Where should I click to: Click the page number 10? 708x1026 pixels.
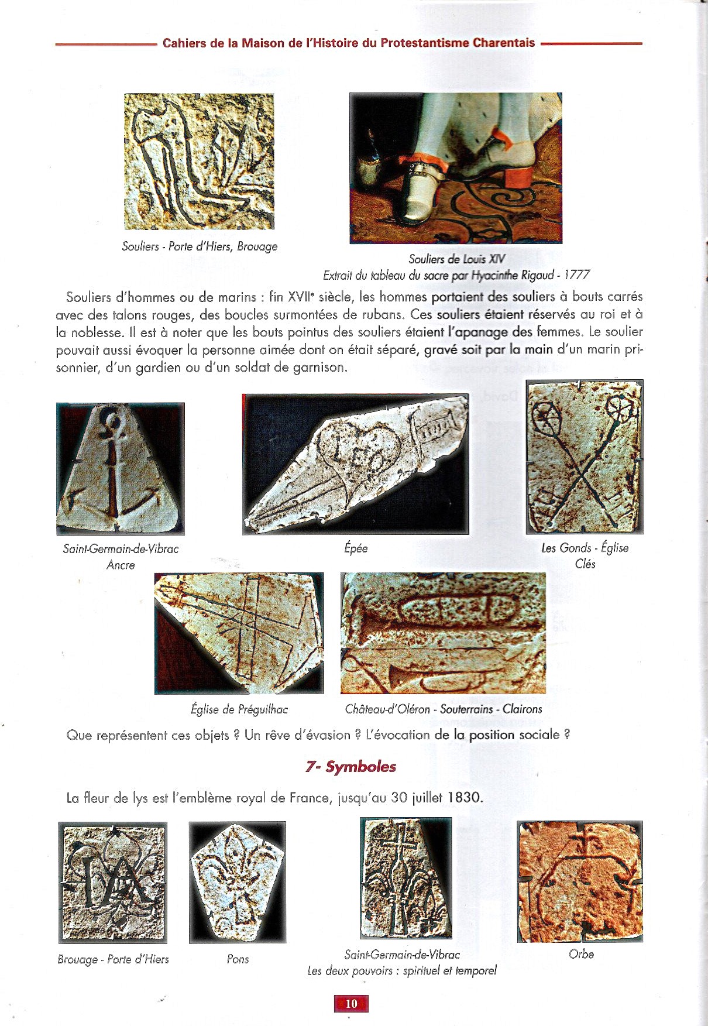coord(351,1003)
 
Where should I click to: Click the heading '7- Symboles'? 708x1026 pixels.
coord(350,767)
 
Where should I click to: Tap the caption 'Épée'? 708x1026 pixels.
coord(356,548)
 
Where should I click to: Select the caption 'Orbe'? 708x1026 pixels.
coord(581,953)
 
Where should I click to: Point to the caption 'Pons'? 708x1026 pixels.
coord(238,959)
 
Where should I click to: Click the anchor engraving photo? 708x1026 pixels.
coord(121,468)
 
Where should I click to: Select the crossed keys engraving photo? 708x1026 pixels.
coord(584,457)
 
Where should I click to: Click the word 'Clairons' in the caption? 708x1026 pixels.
coord(523,709)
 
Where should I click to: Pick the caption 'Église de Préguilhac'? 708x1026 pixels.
coord(239,709)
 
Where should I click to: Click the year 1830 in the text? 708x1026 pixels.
coord(465,797)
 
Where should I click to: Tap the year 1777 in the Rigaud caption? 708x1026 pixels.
coord(576,274)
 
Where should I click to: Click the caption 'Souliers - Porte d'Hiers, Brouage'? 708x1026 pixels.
coord(200,246)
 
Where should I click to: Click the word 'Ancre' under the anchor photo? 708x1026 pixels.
coord(121,565)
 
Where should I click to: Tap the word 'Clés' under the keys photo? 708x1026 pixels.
coord(585,564)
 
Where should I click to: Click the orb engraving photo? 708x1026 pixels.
coord(580,881)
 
